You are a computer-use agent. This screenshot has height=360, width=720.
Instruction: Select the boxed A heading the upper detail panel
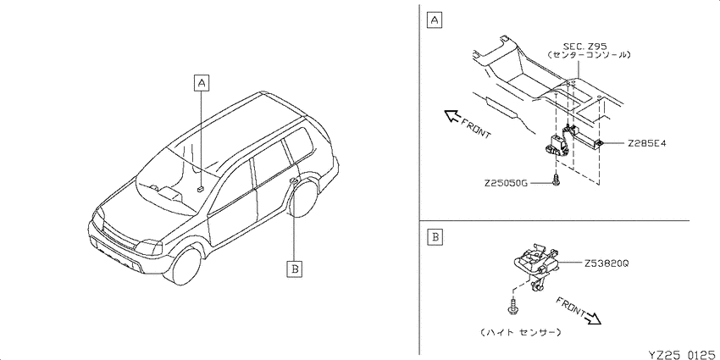434,20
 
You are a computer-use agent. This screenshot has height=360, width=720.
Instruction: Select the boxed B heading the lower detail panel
434,237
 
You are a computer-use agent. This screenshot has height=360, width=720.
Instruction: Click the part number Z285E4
646,143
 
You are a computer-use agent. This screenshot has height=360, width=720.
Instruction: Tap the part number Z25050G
504,183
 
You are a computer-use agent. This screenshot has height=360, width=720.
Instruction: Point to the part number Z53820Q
606,264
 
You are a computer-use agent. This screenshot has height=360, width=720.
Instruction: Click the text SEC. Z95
585,46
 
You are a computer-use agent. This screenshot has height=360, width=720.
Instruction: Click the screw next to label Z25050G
555,179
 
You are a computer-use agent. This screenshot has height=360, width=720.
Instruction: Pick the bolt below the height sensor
512,307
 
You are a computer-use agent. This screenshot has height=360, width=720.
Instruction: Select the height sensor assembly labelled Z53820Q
535,266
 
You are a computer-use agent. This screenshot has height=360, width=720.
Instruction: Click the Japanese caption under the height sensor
520,332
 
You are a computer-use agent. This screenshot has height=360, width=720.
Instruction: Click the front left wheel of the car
188,265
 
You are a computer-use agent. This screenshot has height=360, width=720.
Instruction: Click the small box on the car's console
200,188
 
